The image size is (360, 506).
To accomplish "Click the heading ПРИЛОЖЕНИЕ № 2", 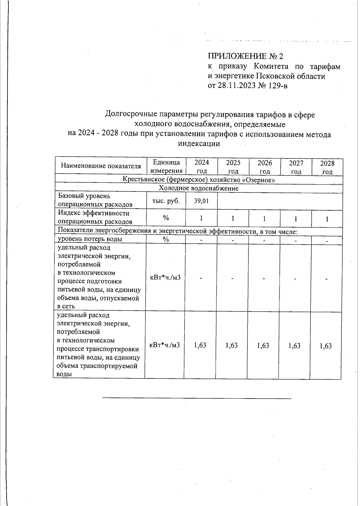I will tap(245, 56).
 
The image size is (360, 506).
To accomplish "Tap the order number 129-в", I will tap(277, 86).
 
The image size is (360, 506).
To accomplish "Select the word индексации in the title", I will tap(199, 143).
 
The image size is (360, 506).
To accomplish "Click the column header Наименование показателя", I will tap(101, 166).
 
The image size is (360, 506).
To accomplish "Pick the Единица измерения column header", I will tap(166, 166).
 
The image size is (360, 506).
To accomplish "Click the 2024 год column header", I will tap(202, 167).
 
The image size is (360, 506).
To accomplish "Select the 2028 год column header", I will tap(327, 167).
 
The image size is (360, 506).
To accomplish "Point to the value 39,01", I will tap(201, 201).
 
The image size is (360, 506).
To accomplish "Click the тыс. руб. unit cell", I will tap(166, 201).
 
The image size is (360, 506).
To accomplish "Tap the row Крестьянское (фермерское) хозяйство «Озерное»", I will tap(199, 180).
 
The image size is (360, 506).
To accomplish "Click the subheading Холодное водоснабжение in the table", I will tap(199, 188).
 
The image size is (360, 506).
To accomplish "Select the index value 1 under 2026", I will tap(264, 218).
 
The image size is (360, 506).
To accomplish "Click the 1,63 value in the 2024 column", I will tap(200, 345).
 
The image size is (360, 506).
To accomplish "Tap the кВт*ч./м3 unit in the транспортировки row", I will tap(164, 345).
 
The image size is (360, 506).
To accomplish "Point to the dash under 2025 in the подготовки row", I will tap(232, 278).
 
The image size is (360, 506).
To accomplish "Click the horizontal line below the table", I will tap(197, 398).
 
